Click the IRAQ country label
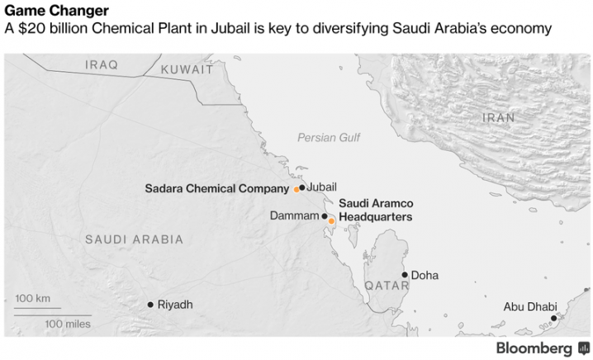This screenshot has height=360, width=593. click(x=102, y=64)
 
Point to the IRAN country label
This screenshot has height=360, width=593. click(x=498, y=118)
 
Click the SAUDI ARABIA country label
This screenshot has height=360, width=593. click(x=134, y=239)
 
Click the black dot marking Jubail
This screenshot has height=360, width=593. click(x=302, y=187)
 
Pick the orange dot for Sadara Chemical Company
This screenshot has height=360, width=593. click(x=296, y=189)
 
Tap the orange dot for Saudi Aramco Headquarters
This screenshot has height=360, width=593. click(x=331, y=220)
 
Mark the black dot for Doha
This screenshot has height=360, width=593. click(x=405, y=275)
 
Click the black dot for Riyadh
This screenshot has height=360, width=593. click(x=150, y=305)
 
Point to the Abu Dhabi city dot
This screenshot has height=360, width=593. click(x=553, y=317)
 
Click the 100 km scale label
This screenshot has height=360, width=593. click(x=33, y=298)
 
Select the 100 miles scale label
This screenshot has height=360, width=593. click(x=68, y=324)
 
